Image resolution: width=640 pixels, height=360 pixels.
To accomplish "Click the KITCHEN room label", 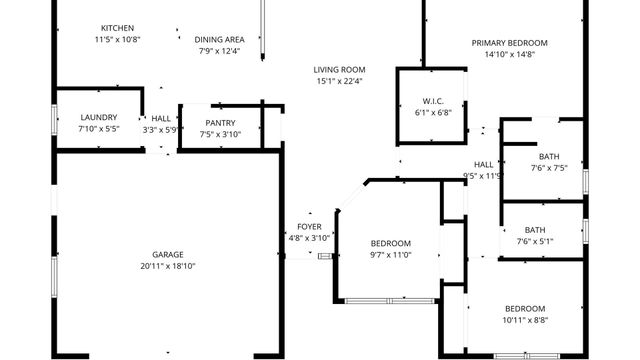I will tap(117, 27).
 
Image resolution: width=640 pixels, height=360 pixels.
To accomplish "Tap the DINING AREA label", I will tap(219, 39).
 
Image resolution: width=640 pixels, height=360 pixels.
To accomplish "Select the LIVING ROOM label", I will tap(339, 68).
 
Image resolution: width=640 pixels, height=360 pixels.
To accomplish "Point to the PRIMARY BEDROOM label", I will tap(510, 43).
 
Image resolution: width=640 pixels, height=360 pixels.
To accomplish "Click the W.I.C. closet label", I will tap(433, 100).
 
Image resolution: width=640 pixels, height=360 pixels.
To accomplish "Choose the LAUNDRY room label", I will tap(98, 117).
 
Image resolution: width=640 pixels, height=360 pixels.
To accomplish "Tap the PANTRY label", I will tap(220, 122).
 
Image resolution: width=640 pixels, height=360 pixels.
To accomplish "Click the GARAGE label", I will tap(168, 254).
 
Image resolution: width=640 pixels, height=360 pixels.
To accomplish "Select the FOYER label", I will tap(309, 226).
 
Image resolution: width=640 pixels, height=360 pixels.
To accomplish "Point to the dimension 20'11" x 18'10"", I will tap(168, 266).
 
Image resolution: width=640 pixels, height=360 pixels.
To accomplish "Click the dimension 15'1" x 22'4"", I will tap(339, 81).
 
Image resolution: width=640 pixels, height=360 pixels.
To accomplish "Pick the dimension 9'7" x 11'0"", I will tap(391, 255).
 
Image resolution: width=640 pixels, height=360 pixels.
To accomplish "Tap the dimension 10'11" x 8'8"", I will tap(524, 320).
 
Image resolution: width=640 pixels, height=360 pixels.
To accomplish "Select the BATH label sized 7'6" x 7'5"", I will tap(549, 156).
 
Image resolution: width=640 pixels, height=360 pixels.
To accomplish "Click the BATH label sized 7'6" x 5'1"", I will tap(535, 229).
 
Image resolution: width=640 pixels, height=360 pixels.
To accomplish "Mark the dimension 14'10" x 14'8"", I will tap(510, 55).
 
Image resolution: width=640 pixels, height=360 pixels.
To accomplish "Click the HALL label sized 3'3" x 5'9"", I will tap(160, 117).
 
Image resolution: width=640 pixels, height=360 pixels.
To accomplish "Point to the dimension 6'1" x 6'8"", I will tap(433, 113).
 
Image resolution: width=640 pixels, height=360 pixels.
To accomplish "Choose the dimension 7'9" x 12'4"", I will tap(219, 51).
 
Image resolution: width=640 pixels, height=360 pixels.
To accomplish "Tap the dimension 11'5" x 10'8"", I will tap(117, 39).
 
